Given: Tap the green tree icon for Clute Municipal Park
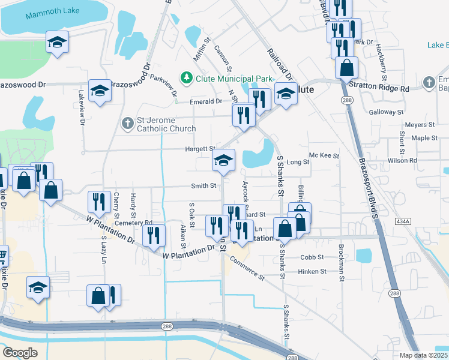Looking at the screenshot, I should [187, 78].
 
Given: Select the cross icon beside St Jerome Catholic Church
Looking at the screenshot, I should [127, 124].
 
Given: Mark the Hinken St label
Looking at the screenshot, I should [312, 271].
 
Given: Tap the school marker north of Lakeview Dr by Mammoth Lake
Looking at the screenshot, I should [58, 42].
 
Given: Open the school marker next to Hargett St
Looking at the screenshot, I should [223, 160].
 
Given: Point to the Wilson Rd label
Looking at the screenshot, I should [402, 161].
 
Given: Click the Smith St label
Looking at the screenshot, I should [203, 186].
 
